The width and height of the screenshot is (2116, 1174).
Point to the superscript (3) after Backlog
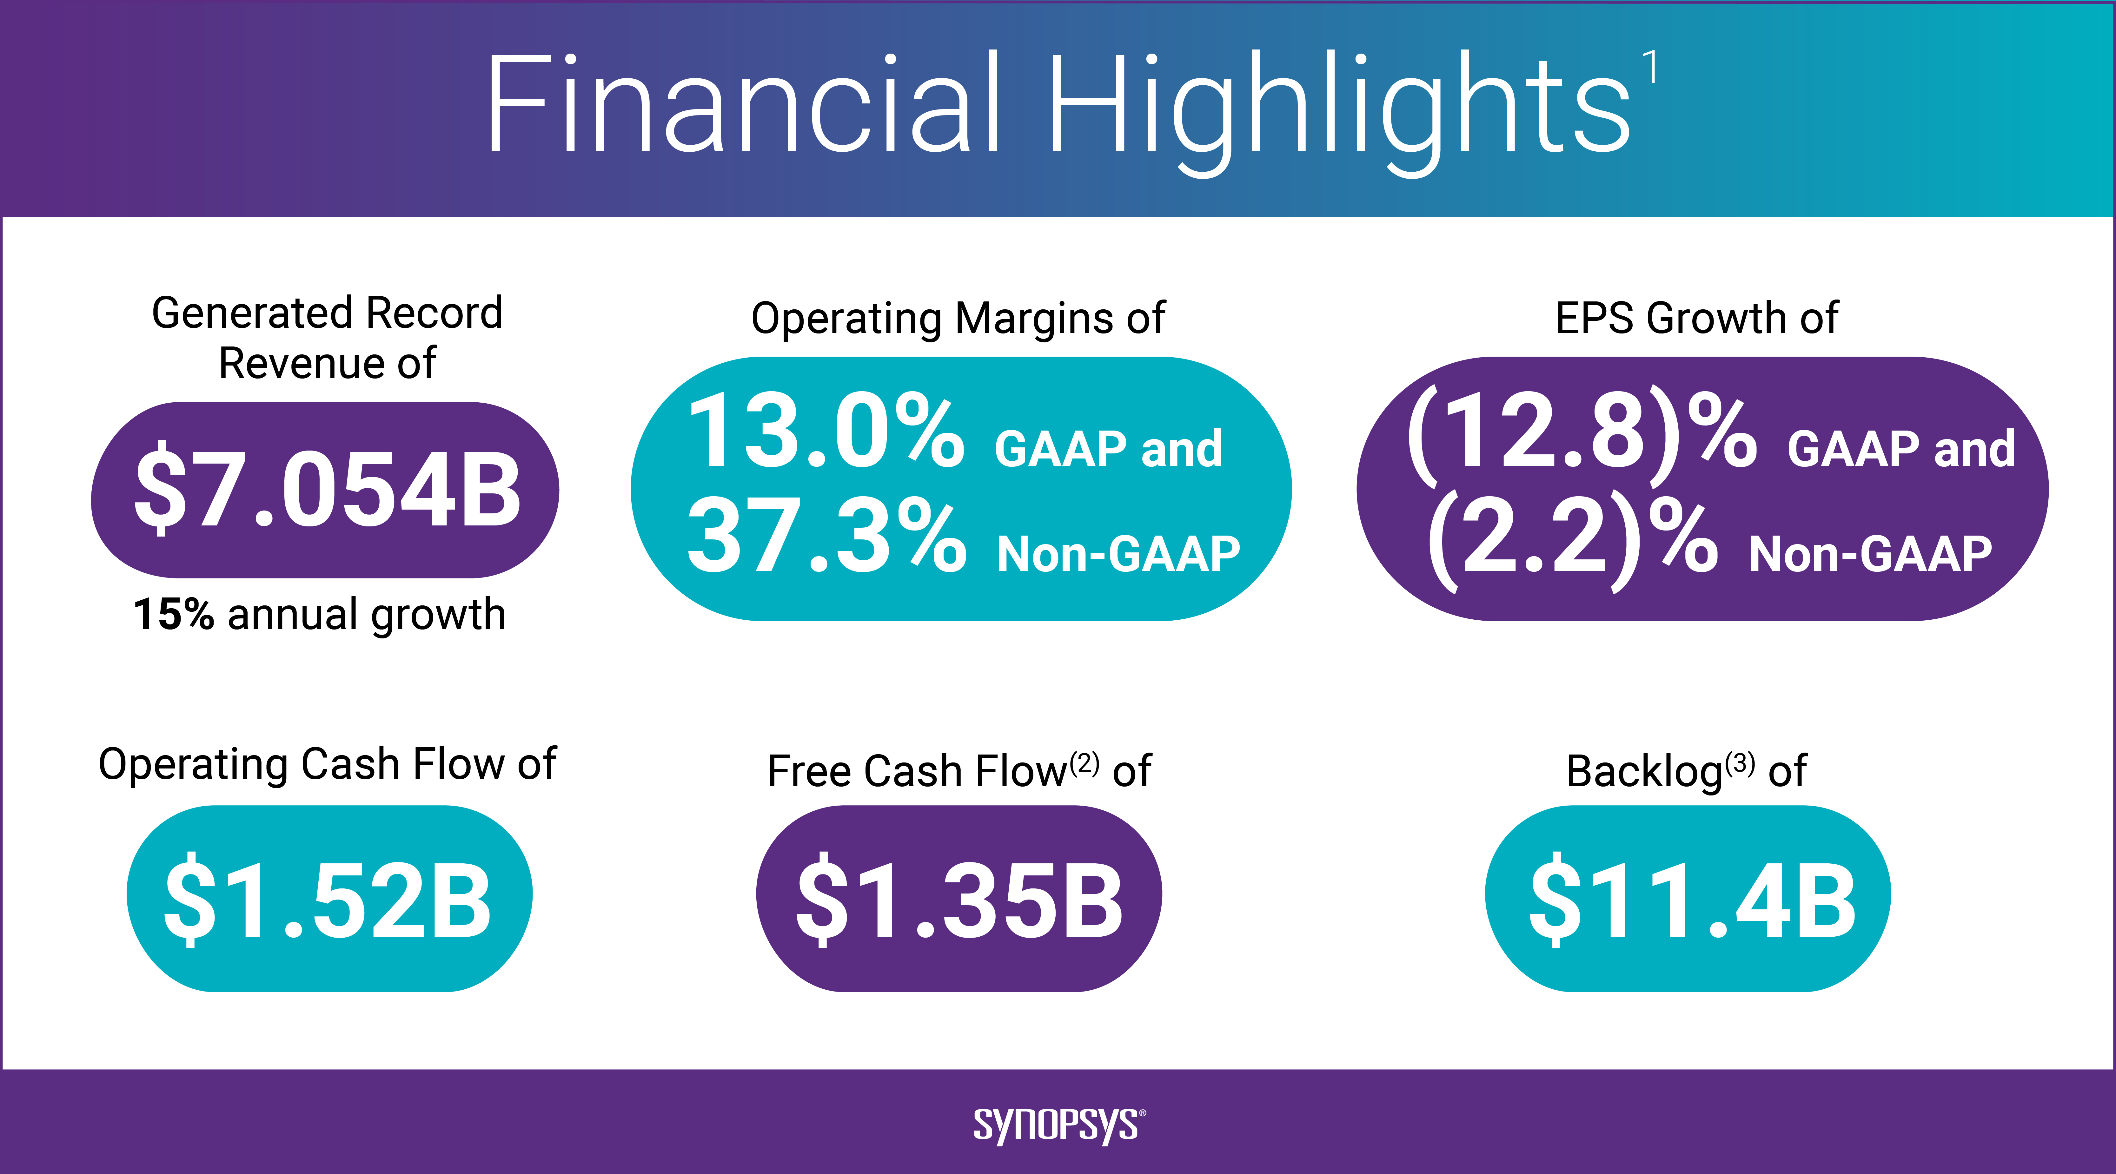point(1740,763)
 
